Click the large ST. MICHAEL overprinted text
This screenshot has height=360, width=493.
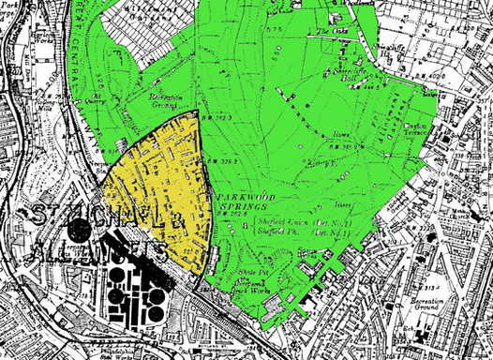(x=94, y=219)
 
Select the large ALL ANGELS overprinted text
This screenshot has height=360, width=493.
(x=98, y=251)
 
